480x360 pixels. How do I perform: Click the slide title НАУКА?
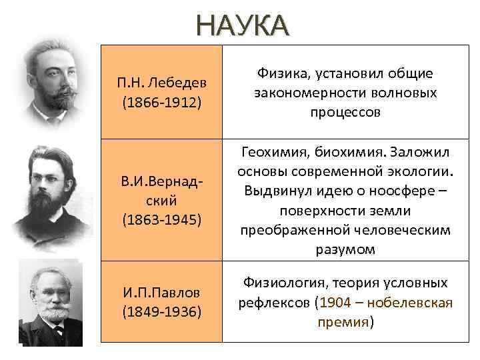[x=243, y=27]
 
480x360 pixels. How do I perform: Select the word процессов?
[x=345, y=112]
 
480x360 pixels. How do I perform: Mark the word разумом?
[x=345, y=249]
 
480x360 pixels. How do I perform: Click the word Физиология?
[x=281, y=283]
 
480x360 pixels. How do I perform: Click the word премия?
[x=343, y=322]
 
